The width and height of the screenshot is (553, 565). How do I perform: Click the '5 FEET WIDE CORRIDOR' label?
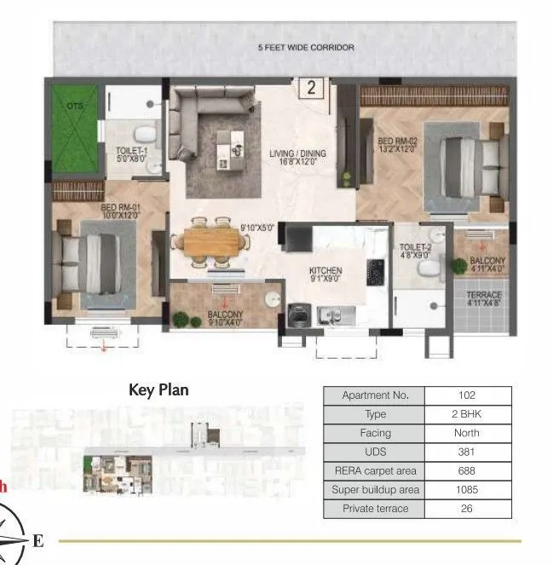(x=306, y=48)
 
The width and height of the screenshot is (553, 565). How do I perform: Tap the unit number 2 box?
(x=312, y=87)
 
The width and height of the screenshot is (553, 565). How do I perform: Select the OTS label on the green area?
(x=71, y=107)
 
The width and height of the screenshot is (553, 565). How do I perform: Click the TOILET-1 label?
(x=132, y=154)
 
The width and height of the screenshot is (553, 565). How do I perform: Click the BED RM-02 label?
(x=397, y=144)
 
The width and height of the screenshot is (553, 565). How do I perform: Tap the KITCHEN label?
(x=325, y=274)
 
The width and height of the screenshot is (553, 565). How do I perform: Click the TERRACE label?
(x=482, y=297)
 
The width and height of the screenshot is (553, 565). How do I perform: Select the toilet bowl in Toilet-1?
(x=148, y=134)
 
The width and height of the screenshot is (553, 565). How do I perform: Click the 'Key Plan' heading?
(x=158, y=390)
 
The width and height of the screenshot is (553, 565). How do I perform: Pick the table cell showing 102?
(x=467, y=395)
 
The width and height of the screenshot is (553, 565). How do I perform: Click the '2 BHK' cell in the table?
(x=467, y=414)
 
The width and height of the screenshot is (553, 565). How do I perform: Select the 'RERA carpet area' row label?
(x=375, y=470)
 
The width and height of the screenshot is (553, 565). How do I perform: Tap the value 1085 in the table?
(x=467, y=489)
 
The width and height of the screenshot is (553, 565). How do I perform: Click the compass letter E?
(x=37, y=540)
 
